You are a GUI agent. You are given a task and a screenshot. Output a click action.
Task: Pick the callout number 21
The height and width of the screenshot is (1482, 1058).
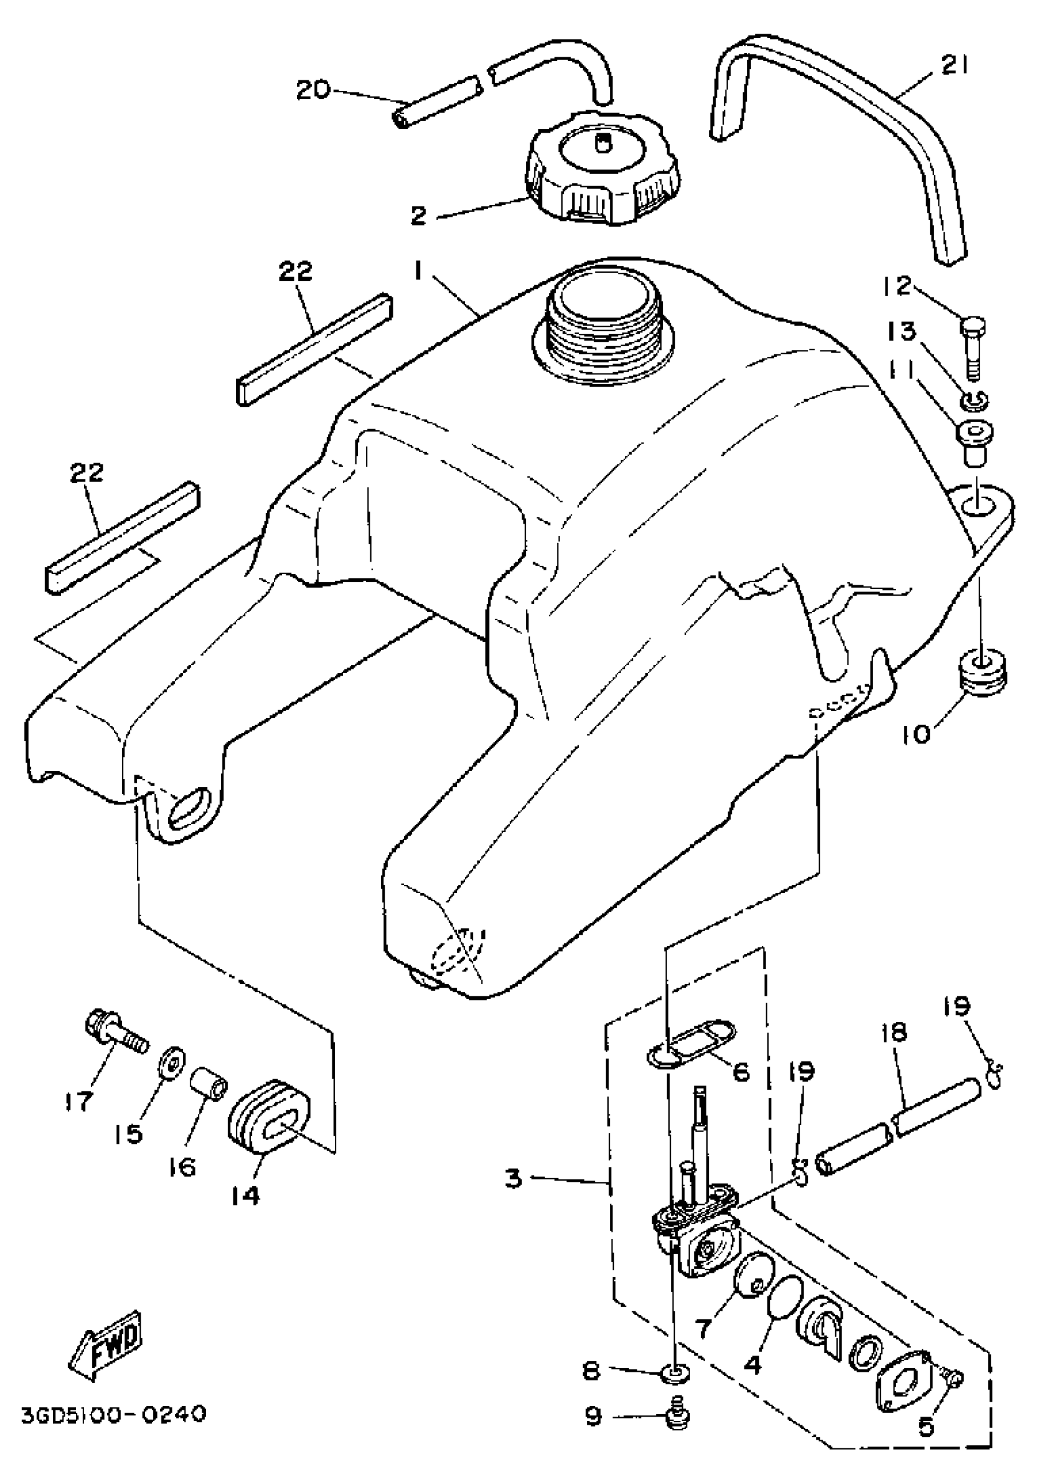(x=954, y=66)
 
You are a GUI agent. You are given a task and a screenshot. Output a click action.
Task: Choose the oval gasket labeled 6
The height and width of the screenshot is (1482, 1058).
(x=691, y=1045)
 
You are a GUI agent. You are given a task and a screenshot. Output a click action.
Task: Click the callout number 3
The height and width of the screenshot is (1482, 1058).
(x=514, y=1178)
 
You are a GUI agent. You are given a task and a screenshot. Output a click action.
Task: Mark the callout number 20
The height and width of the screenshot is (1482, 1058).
(x=312, y=89)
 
